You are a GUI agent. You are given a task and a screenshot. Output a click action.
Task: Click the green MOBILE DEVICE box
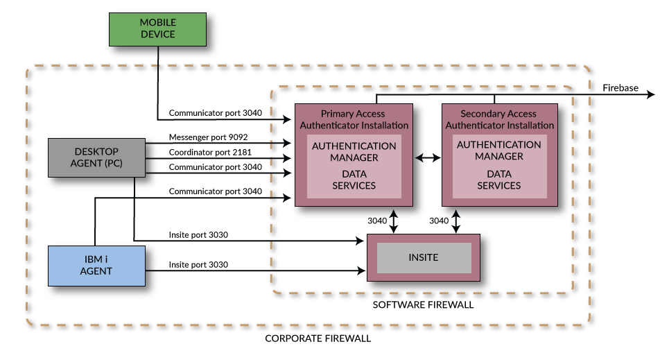pos(157,28)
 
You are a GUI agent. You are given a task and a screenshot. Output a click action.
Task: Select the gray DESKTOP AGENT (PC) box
pos(96,157)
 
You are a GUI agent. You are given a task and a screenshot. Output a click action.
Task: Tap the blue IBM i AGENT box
pos(96,265)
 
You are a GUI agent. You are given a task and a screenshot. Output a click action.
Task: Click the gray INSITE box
pos(424,257)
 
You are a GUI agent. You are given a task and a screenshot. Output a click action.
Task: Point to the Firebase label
pos(620,88)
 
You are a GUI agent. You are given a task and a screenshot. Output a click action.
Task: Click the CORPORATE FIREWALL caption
pos(318,338)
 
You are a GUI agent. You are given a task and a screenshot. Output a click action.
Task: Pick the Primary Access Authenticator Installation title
pos(354,119)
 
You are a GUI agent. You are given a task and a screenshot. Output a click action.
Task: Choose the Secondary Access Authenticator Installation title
pos(499,119)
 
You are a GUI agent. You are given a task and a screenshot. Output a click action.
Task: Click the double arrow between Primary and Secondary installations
pos(427,158)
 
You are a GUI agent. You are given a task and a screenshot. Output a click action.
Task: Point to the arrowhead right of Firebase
pos(651,94)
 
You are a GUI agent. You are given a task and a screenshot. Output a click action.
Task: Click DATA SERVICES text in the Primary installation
pos(354,180)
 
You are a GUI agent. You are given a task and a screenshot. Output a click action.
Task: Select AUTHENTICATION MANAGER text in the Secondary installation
pos(499,151)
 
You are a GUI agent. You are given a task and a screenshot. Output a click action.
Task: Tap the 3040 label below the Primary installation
pos(377,221)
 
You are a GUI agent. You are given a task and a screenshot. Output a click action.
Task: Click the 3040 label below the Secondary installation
pos(439,221)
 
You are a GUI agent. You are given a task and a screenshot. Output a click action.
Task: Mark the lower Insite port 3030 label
pos(198,265)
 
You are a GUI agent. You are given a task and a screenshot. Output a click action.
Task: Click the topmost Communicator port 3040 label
pos(216,112)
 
